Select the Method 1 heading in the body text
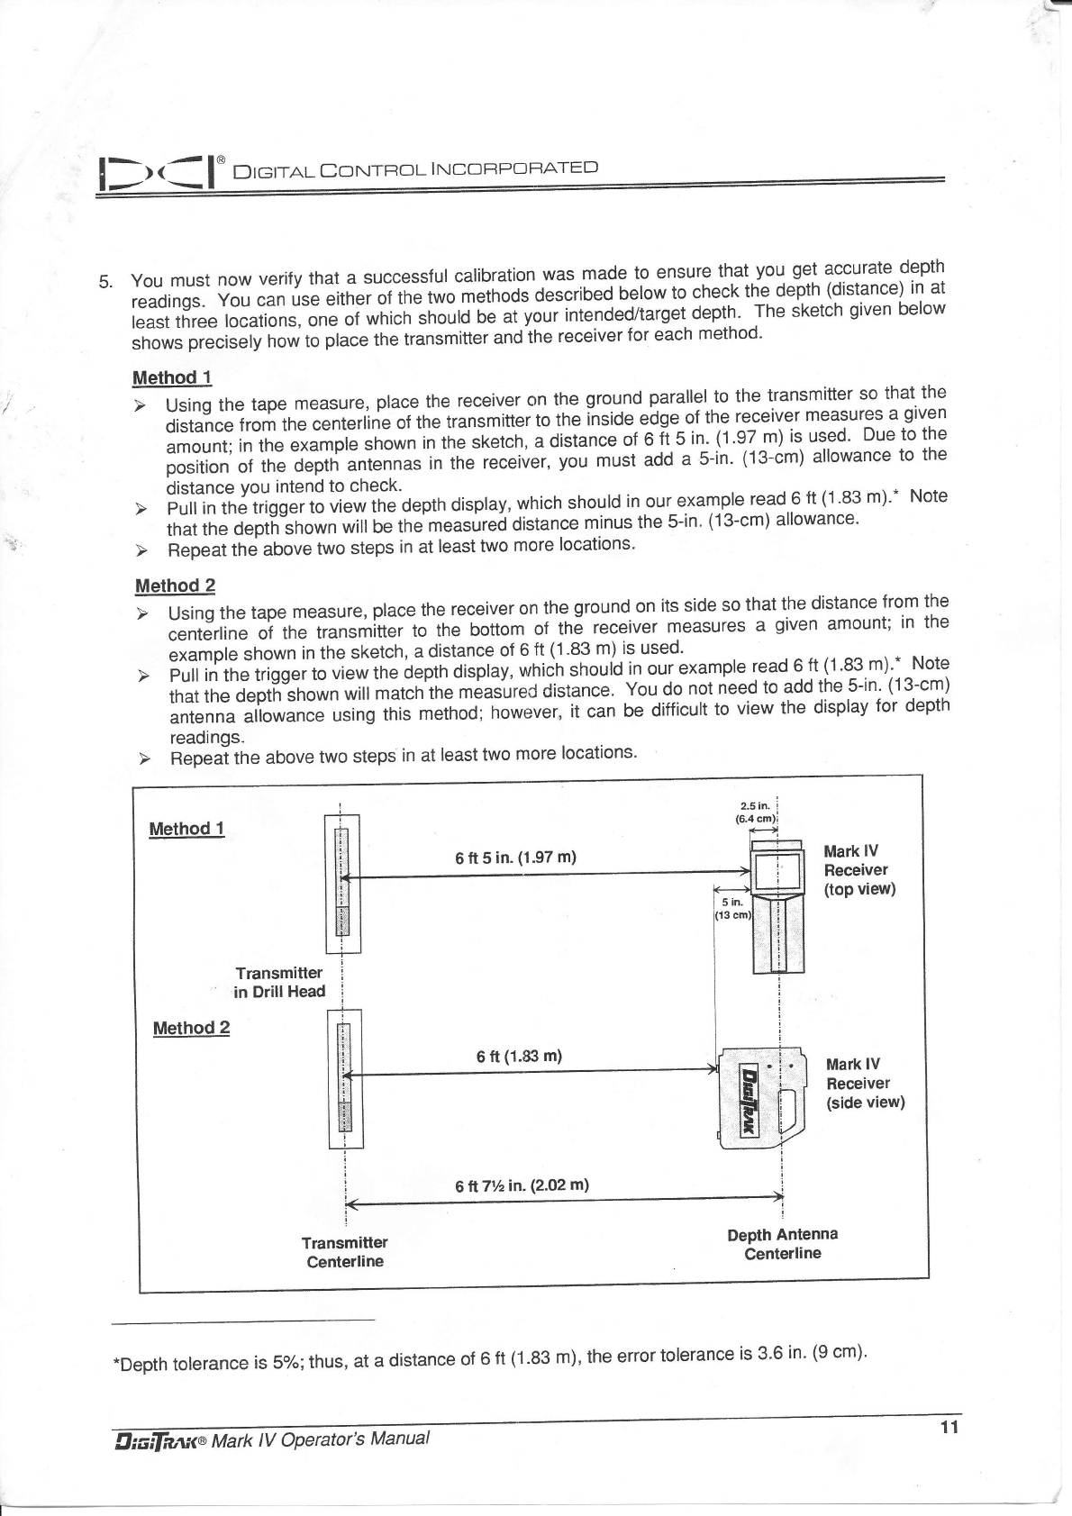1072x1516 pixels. point(171,377)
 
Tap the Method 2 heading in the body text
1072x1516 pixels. point(175,586)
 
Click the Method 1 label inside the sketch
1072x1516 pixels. point(186,829)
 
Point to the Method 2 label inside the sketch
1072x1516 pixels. point(191,1028)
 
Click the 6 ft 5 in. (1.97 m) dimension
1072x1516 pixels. point(515,857)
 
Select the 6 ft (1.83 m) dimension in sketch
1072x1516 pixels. point(519,1056)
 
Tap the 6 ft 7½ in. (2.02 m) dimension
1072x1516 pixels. point(522,1185)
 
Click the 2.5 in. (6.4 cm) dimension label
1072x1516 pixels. point(755,812)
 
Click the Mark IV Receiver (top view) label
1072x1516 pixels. point(859,870)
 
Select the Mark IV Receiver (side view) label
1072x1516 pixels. point(864,1084)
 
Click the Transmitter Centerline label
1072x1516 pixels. point(344,1252)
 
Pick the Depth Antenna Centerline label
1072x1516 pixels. point(782,1244)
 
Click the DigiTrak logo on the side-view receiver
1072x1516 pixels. point(749,1099)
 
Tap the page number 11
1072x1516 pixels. point(949,1428)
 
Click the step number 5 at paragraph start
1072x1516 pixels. point(104,282)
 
